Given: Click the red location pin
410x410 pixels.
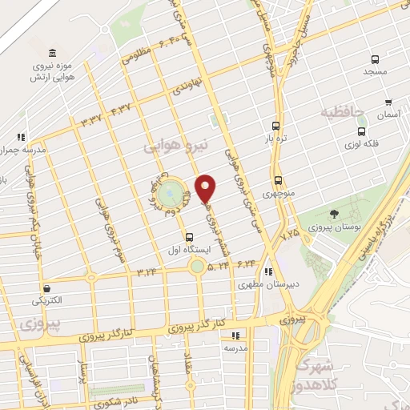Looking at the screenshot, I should pyautogui.click(x=207, y=188).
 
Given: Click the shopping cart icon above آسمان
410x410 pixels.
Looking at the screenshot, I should pyautogui.click(x=388, y=102).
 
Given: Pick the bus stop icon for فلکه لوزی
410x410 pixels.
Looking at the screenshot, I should pyautogui.click(x=362, y=131).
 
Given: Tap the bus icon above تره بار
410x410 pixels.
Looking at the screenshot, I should pyautogui.click(x=275, y=126).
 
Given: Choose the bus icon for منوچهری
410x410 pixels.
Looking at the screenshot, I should pyautogui.click(x=278, y=180).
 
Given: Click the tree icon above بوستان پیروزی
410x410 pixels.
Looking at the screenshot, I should pyautogui.click(x=334, y=213).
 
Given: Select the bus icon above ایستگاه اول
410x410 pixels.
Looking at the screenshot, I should pyautogui.click(x=190, y=237).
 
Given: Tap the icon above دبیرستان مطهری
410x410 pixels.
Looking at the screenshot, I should pyautogui.click(x=270, y=271).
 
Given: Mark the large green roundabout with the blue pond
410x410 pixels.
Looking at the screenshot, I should pyautogui.click(x=168, y=194).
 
